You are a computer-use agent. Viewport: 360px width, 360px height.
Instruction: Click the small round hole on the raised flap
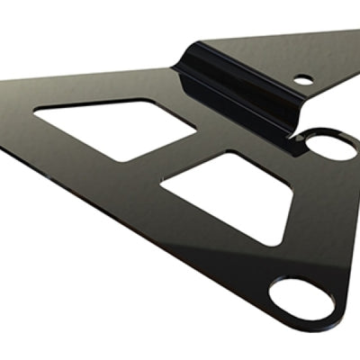pyautogui.click(x=304, y=79)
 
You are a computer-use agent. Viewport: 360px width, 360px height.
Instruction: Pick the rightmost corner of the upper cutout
pyautogui.click(x=196, y=132)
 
